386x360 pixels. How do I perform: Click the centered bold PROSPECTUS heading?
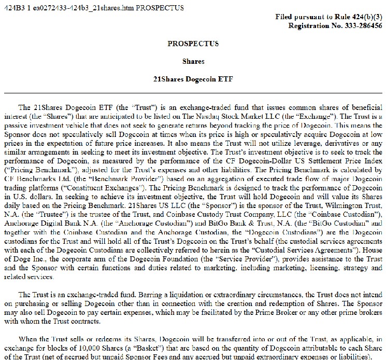(x=193, y=44)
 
